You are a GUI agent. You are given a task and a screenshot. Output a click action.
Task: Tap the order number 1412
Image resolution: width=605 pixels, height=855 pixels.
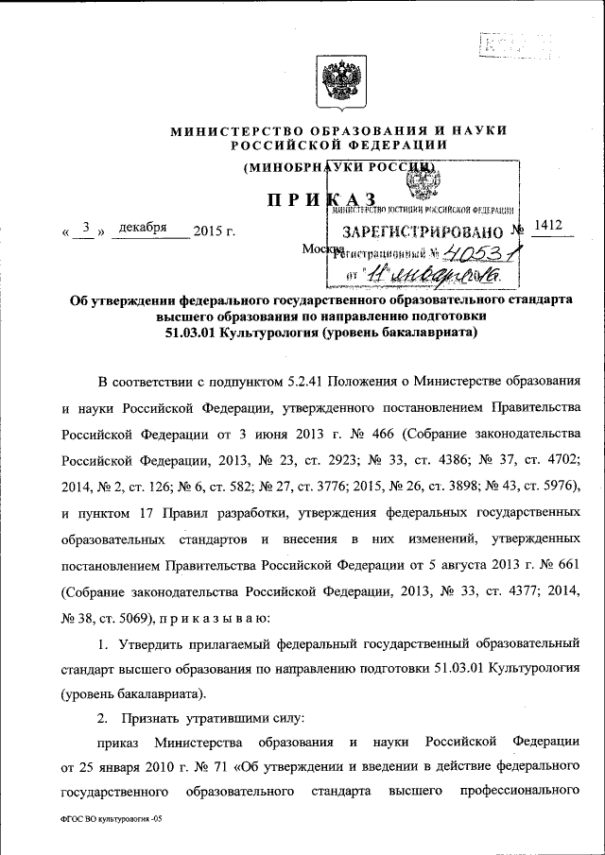tap(547, 226)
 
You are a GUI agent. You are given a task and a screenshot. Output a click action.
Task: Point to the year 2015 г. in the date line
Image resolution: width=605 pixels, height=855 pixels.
tap(213, 231)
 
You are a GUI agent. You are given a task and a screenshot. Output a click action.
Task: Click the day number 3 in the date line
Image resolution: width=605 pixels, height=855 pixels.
tap(86, 227)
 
